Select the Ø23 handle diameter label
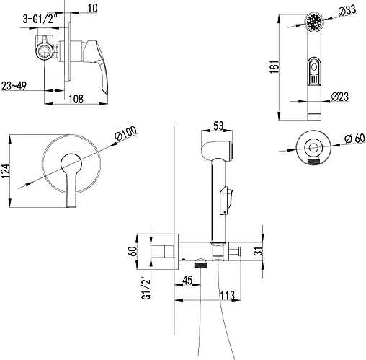[339, 97]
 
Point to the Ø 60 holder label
[354, 139]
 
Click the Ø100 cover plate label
[125, 133]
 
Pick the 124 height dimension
[6, 171]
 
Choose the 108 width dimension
[76, 99]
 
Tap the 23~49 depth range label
[14, 86]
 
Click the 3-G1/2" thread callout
[41, 19]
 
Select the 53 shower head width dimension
[218, 126]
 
